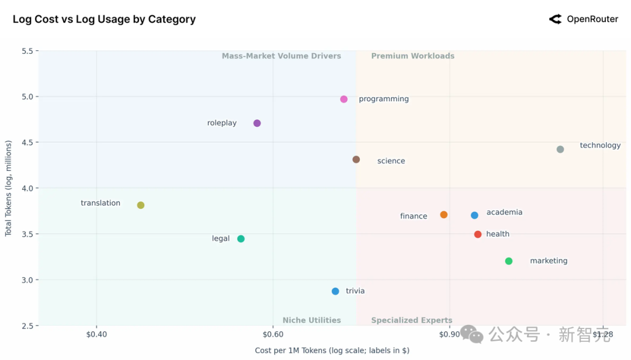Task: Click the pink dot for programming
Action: (344, 99)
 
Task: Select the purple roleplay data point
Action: (257, 123)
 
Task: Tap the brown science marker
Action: (356, 160)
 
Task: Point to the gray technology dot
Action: (560, 150)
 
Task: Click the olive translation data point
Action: (141, 205)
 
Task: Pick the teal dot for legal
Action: (241, 238)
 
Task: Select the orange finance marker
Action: (444, 215)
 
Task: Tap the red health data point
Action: (478, 234)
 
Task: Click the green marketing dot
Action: (509, 261)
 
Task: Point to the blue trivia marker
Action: (335, 291)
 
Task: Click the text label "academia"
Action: (504, 212)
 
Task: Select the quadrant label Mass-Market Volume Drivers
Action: (281, 56)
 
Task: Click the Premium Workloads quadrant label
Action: (412, 56)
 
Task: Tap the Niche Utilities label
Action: (311, 320)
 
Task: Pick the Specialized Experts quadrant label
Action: (411, 320)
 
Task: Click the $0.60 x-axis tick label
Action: (273, 334)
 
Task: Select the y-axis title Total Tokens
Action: (8, 188)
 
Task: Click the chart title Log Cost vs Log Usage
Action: (104, 19)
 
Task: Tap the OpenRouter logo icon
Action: (555, 19)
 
